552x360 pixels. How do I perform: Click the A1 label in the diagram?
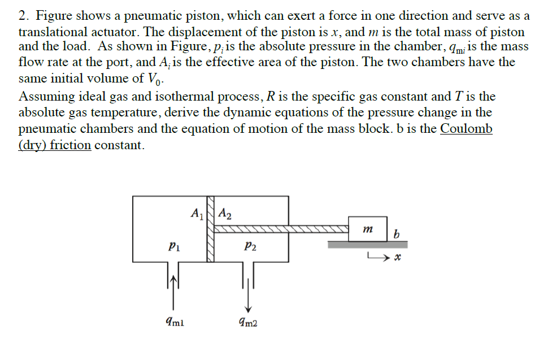tap(197, 214)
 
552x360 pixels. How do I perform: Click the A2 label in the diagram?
tap(224, 214)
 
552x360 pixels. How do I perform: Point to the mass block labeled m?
tap(368, 229)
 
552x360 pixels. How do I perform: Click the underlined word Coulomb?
tap(466, 129)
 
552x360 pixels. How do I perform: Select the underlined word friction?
tap(70, 145)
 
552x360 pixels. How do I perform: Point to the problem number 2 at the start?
tap(23, 15)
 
